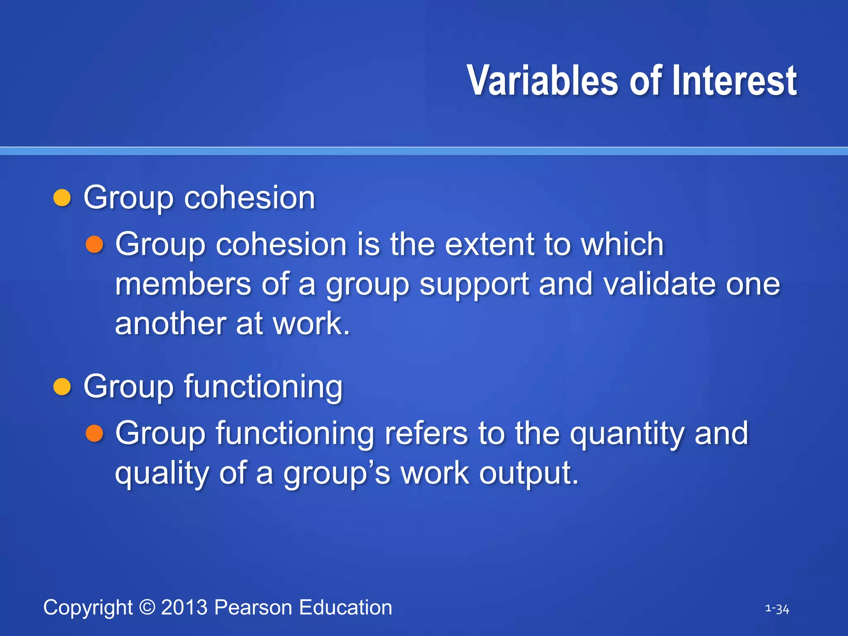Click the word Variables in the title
(542, 81)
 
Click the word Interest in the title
(734, 81)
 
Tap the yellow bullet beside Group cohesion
(63, 198)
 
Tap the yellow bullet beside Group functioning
(63, 387)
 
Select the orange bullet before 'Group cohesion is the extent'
(94, 244)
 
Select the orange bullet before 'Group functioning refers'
(94, 434)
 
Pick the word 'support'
(474, 286)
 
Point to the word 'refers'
(426, 433)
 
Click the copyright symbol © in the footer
(147, 607)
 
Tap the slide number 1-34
(777, 609)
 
